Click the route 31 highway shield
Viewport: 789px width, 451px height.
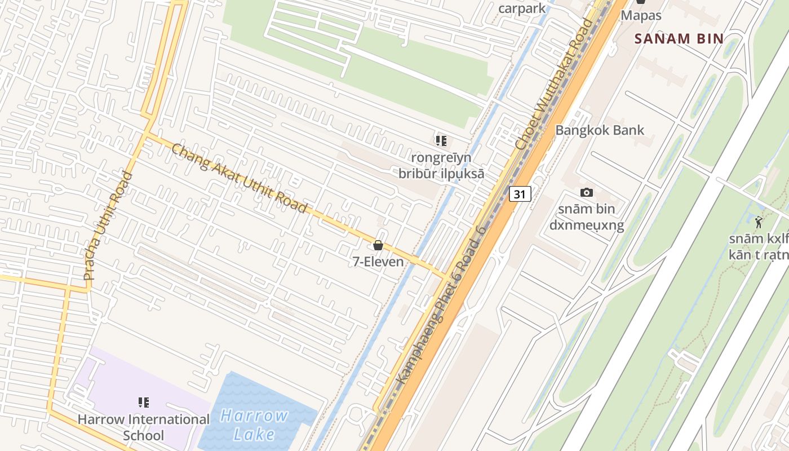click(x=520, y=194)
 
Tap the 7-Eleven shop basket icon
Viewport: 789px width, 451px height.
click(x=378, y=246)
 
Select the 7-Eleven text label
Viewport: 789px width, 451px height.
click(x=378, y=262)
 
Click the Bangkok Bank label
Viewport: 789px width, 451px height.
click(x=600, y=130)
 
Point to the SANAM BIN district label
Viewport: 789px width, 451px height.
click(x=679, y=39)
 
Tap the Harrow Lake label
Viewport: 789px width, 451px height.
click(x=254, y=425)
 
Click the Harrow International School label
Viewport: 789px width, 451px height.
click(x=144, y=427)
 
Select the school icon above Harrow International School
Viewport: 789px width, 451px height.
click(x=144, y=403)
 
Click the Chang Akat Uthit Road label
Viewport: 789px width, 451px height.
click(x=239, y=178)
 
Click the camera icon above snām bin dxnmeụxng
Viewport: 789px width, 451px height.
click(x=587, y=193)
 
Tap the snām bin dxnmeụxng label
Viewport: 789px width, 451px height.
click(x=587, y=218)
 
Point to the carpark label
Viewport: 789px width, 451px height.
click(x=522, y=8)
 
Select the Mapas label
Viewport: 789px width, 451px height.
click(x=641, y=15)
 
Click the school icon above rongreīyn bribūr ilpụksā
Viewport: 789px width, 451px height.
click(x=441, y=140)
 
